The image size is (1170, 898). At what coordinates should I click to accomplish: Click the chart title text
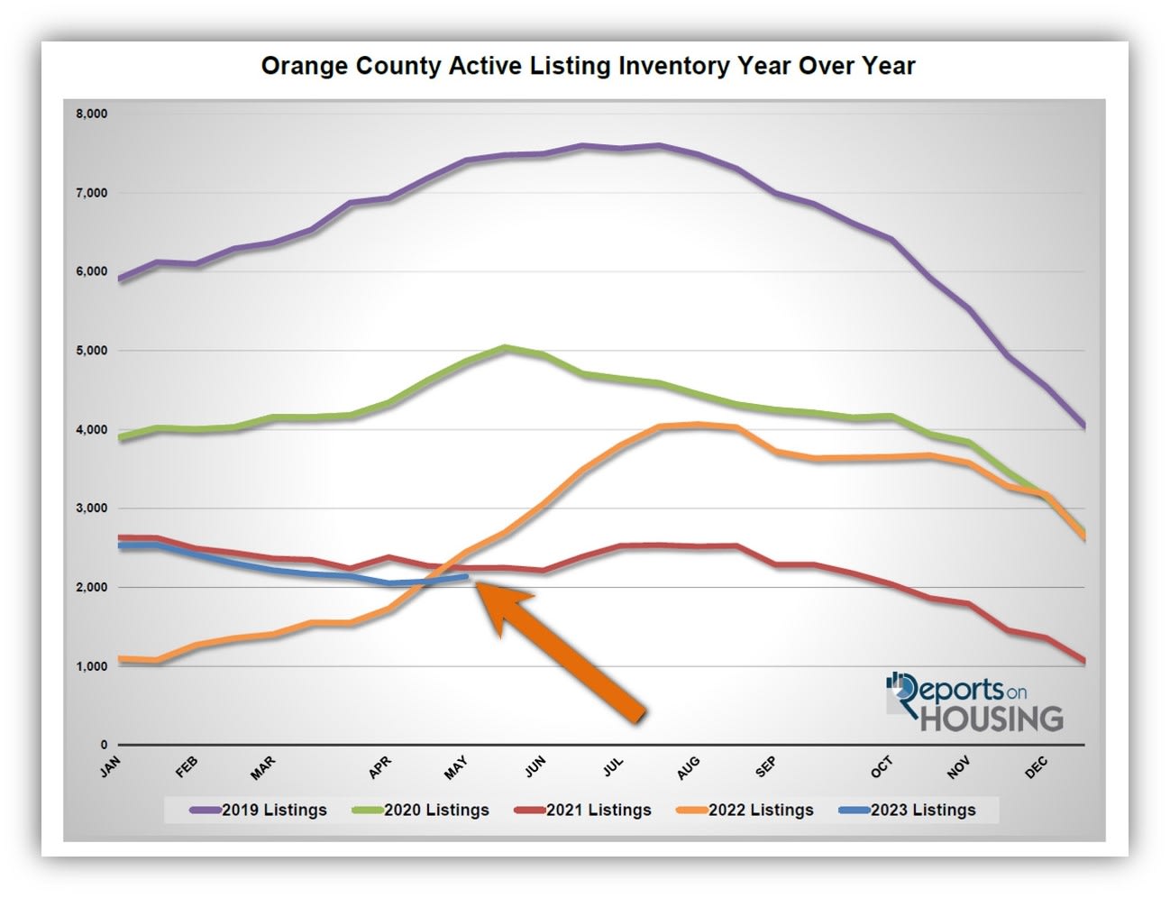(588, 66)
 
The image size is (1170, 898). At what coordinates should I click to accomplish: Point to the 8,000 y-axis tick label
(92, 115)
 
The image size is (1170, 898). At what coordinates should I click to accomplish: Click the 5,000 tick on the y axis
(92, 351)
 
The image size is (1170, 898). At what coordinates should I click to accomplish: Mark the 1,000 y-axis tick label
(92, 666)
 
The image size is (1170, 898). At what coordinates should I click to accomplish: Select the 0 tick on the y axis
(104, 746)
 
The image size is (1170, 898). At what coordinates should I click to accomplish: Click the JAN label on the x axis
(110, 767)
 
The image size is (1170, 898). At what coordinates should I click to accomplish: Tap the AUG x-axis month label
(688, 768)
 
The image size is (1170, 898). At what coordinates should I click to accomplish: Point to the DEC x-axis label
(1037, 767)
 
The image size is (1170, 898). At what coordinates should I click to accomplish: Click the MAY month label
(456, 768)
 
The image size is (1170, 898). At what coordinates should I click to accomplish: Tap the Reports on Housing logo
(974, 702)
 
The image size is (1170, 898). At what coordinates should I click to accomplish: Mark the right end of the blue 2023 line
(466, 577)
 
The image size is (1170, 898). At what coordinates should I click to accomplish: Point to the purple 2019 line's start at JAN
(120, 279)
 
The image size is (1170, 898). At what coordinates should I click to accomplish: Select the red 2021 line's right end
(1083, 662)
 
